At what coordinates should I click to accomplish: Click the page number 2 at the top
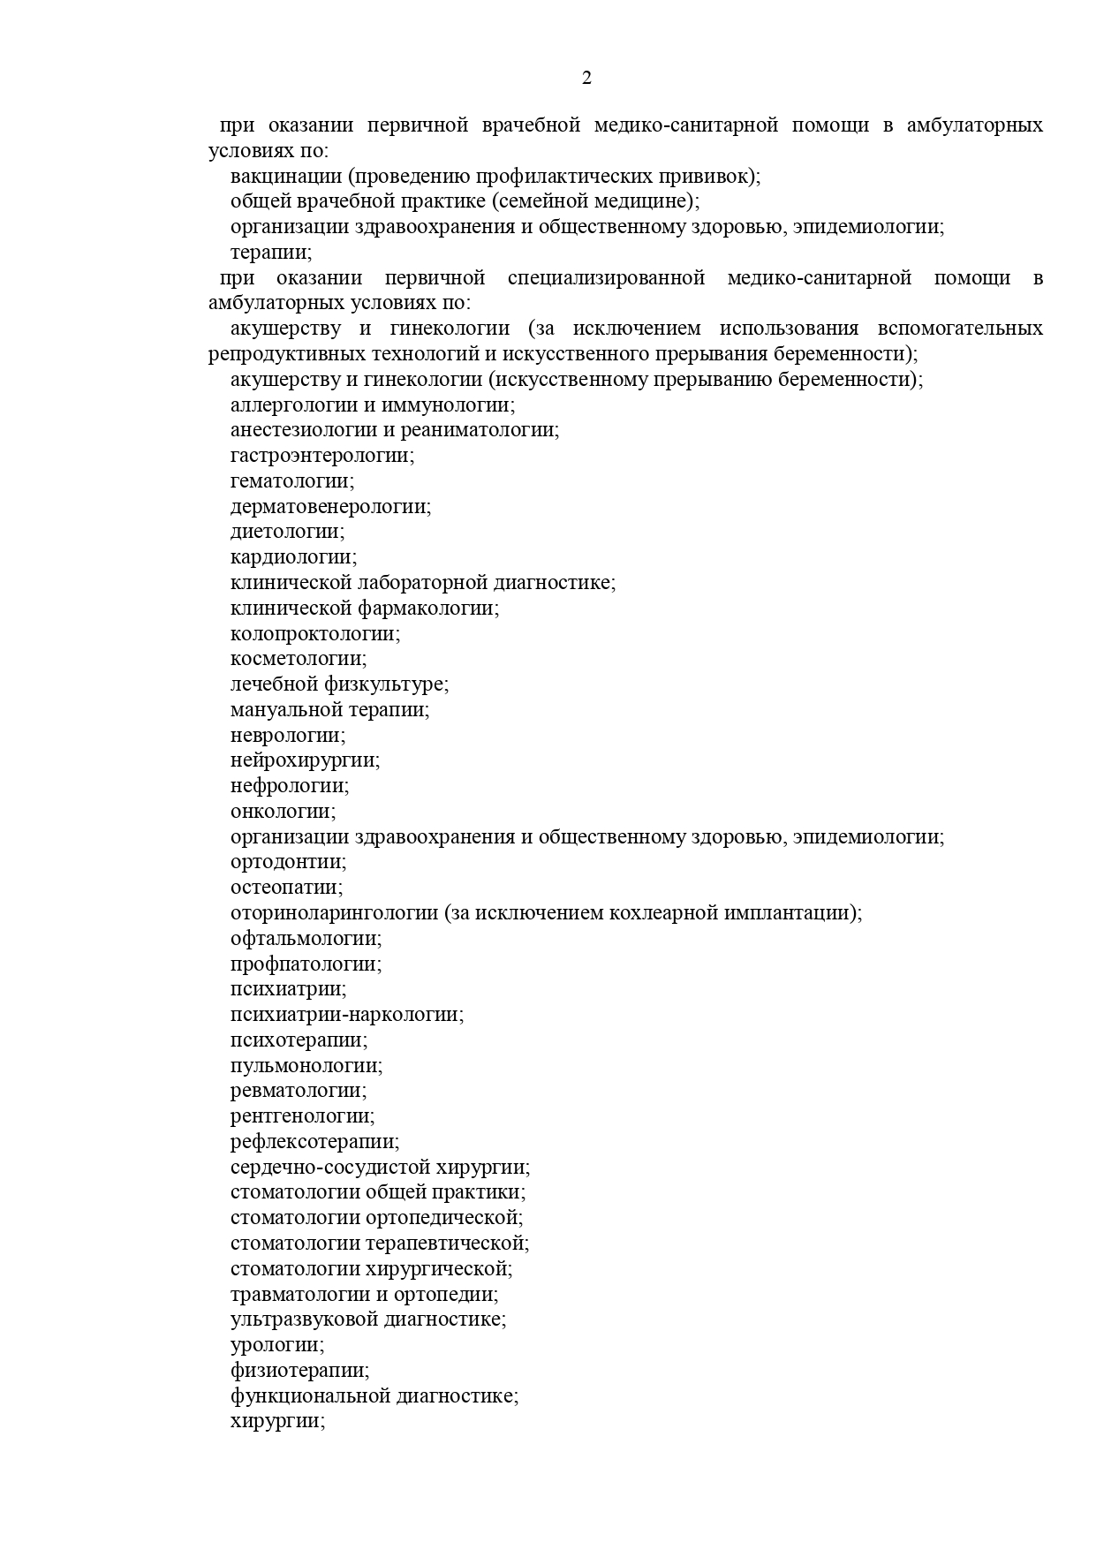coord(586,79)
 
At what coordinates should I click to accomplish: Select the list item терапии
coord(270,253)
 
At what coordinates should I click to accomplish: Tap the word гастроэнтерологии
coord(321,456)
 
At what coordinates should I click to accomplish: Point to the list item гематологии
coord(291,481)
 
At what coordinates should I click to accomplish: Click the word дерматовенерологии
coord(330,507)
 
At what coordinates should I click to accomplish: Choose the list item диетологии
coord(287,532)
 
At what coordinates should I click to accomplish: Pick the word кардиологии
coord(292,557)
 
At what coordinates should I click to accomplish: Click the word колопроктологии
coord(314,633)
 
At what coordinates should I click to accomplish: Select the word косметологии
coord(299,659)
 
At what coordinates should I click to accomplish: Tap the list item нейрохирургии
coord(305,760)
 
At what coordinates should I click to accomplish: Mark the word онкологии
coord(283,811)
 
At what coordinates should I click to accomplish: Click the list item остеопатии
coord(286,888)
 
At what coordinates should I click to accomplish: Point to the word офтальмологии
coord(306,939)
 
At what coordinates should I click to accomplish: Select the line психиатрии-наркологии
coord(346,1015)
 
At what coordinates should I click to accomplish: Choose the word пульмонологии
coord(306,1066)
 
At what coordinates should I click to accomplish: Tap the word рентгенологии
coord(302,1116)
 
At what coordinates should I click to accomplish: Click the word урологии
coord(276,1345)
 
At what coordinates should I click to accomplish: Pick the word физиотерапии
coord(299,1371)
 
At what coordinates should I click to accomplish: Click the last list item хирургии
coord(277,1422)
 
